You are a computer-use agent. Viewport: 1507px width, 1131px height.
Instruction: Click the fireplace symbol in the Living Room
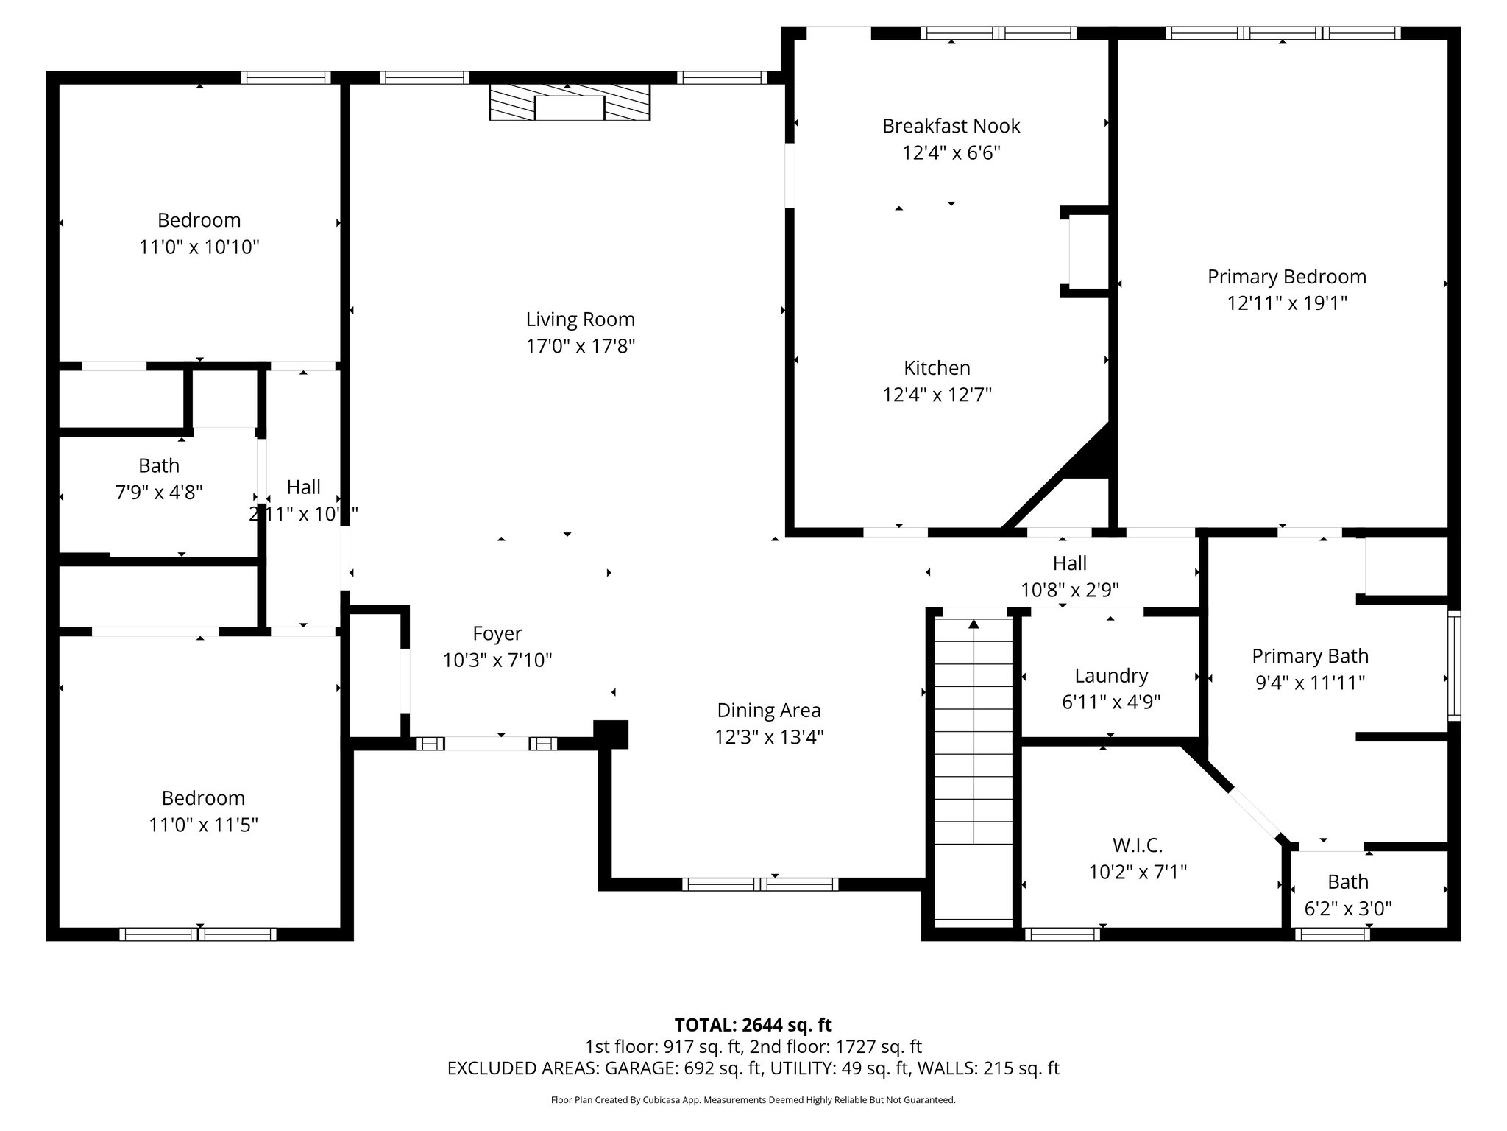click(570, 102)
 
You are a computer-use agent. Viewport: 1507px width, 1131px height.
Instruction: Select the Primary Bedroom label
click(1286, 277)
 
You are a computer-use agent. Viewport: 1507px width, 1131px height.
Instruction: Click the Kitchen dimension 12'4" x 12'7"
click(937, 395)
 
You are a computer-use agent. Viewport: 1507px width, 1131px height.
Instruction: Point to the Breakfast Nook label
click(951, 126)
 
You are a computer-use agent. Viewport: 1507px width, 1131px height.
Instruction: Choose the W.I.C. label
click(1137, 845)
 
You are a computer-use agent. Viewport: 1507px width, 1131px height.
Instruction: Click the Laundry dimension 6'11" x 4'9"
click(1110, 702)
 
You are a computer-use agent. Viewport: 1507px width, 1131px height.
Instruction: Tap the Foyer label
click(497, 633)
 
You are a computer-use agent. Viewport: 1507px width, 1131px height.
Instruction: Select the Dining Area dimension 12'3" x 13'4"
click(768, 737)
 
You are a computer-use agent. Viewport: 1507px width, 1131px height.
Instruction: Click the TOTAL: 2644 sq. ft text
click(753, 1024)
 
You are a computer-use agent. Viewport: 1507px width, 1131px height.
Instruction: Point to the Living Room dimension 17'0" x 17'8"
click(580, 346)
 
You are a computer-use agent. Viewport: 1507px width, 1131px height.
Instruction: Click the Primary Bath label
click(1310, 655)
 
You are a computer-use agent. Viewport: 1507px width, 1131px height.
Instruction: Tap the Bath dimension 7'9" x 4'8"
click(159, 492)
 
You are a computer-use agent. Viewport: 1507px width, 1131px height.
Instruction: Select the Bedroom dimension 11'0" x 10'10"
click(199, 247)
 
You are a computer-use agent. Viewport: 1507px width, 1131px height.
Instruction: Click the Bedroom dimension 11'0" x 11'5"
click(203, 825)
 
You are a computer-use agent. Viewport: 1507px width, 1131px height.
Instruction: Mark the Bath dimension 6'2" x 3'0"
click(1347, 909)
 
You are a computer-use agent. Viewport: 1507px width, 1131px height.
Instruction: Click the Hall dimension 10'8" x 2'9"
click(1069, 590)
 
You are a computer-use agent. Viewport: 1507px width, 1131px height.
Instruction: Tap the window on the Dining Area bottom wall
click(759, 884)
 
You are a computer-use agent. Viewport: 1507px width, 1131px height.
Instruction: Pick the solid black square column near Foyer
click(611, 734)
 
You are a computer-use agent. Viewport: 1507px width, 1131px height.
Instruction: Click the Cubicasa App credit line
click(753, 1100)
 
